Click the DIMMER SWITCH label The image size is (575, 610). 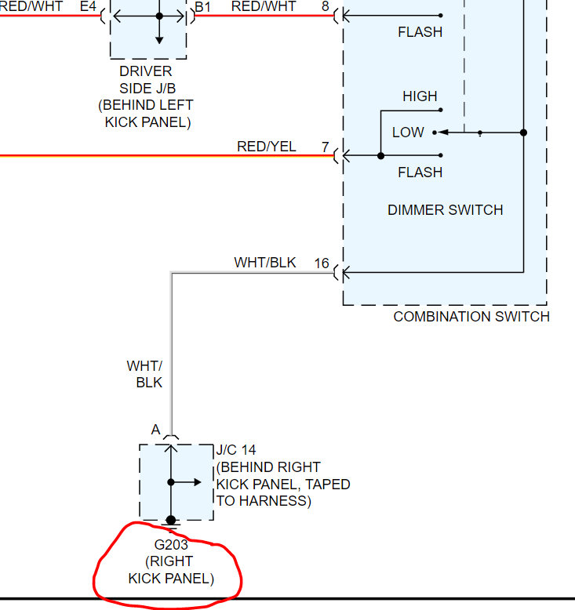pyautogui.click(x=445, y=210)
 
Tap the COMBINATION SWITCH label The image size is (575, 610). pyautogui.click(x=471, y=317)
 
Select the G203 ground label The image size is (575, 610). pyautogui.click(x=171, y=544)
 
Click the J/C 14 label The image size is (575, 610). pyautogui.click(x=236, y=450)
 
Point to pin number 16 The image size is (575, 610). pyautogui.click(x=322, y=263)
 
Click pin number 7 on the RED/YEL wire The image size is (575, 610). pyautogui.click(x=325, y=147)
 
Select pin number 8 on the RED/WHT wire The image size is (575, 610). pyautogui.click(x=325, y=7)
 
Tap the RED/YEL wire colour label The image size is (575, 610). pyautogui.click(x=266, y=147)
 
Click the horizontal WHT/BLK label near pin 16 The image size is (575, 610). pyautogui.click(x=265, y=263)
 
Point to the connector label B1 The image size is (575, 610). pyautogui.click(x=202, y=7)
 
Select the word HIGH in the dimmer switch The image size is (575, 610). pyautogui.click(x=420, y=96)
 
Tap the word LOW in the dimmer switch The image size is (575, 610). pyautogui.click(x=408, y=133)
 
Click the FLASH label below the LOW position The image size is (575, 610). pyautogui.click(x=420, y=172)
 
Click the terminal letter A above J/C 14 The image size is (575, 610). pyautogui.click(x=155, y=430)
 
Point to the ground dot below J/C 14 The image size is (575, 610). pyautogui.click(x=171, y=520)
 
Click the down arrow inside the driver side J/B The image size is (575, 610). pyautogui.click(x=159, y=38)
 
